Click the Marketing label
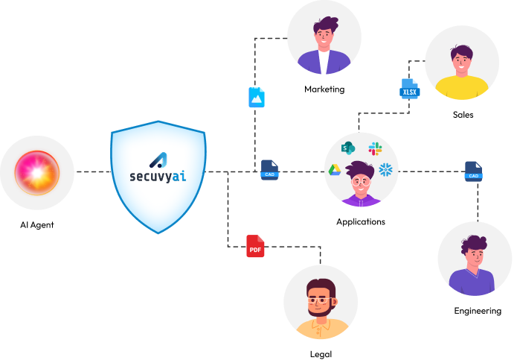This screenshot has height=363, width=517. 324,89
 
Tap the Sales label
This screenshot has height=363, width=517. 463,115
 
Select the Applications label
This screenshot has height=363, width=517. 361,221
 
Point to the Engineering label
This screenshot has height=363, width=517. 478,310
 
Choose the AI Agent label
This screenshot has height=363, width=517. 36,224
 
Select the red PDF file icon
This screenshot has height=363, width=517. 255,247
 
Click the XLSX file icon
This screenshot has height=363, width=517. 410,89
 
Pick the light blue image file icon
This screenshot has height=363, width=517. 256,97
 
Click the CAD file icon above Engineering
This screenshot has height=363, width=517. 473,171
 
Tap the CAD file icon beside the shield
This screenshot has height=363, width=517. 269,170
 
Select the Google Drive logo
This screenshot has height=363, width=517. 335,170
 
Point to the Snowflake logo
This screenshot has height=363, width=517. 385,170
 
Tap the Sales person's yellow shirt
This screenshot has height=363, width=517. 461,89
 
